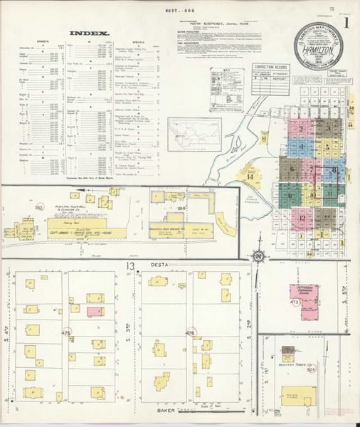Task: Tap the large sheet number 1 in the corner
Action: (346, 21)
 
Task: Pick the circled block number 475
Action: (67, 332)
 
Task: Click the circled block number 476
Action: (189, 332)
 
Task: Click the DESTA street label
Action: (158, 265)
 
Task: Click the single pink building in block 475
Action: (93, 311)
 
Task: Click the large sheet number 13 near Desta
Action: (130, 265)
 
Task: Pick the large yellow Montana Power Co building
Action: (298, 396)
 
